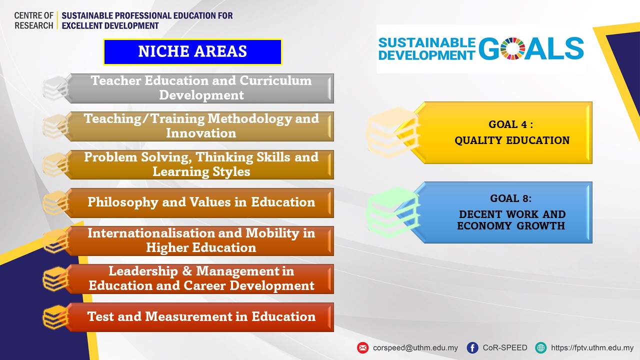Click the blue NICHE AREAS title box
tap(192, 51)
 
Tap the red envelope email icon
tap(362, 347)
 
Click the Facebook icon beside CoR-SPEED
tap(472, 347)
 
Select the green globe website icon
tap(540, 347)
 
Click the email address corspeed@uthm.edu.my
tap(415, 347)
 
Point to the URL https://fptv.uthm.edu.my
tap(592, 347)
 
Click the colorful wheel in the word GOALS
tap(512, 48)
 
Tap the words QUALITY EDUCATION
tap(512, 140)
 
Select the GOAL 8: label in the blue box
tap(511, 198)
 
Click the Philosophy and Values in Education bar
tap(201, 203)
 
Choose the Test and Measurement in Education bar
tap(201, 317)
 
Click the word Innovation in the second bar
tap(201, 133)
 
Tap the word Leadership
tap(143, 271)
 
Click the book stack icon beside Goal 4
tap(393, 133)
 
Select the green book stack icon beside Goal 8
tap(393, 212)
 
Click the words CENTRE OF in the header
tap(33, 15)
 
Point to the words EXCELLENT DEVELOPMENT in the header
tap(110, 25)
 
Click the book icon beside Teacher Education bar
tap(55, 88)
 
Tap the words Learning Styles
tap(201, 171)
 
